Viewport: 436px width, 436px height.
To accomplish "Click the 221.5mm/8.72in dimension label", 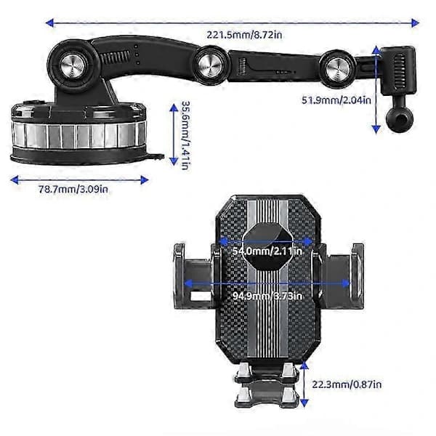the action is click(244, 35).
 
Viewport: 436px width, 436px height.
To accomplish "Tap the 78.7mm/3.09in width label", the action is click(73, 190).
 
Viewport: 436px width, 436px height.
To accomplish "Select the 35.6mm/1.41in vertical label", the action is click(185, 135).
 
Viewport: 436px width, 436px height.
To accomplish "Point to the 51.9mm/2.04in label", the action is click(336, 100).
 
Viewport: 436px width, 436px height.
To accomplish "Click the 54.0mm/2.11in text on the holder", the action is click(267, 251).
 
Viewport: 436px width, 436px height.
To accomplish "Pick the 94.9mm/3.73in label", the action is click(267, 296).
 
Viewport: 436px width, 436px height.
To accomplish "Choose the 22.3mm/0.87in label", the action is click(347, 384).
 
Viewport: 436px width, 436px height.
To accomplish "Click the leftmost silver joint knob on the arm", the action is click(73, 66).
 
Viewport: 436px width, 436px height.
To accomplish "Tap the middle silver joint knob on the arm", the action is click(210, 65).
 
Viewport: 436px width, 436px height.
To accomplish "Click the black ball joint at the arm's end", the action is click(400, 119).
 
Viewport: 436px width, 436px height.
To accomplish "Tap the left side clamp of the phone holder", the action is click(195, 276).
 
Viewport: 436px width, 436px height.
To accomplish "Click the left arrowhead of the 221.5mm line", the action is click(49, 23).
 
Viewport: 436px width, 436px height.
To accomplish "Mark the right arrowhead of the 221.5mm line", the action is click(415, 23).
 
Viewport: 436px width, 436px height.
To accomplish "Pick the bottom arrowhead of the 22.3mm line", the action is click(304, 403).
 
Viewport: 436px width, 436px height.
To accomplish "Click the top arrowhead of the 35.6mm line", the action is click(174, 108).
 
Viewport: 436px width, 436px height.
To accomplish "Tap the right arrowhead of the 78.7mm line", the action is click(145, 180).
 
